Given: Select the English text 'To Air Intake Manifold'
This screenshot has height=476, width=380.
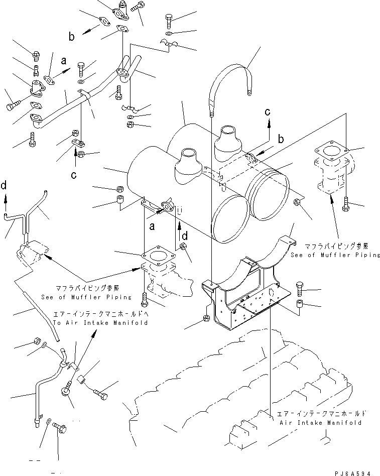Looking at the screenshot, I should (x=100, y=322).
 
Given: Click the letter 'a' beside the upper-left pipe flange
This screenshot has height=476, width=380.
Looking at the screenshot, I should (x=63, y=61).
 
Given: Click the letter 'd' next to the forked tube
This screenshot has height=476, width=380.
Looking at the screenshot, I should (x=4, y=185).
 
